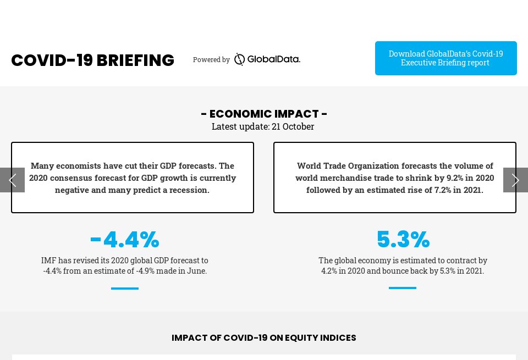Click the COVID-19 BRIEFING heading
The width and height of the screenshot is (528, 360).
(92, 60)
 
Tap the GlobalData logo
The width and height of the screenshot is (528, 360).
(267, 59)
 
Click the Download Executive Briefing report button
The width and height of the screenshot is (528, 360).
(446, 58)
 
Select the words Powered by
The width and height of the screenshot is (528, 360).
(211, 60)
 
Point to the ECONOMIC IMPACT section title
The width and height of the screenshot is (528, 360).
(264, 114)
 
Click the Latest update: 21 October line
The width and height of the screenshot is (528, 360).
(263, 126)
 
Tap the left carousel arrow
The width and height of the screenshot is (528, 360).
(12, 180)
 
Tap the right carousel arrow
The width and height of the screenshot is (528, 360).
(515, 180)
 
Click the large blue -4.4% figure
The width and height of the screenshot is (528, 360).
(125, 240)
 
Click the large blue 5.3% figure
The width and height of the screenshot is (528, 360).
(403, 240)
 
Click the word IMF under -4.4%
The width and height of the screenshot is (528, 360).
(48, 261)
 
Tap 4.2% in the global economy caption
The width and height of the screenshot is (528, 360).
(331, 271)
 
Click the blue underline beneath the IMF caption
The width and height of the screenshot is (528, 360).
(125, 288)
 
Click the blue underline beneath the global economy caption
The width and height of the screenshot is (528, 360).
(403, 287)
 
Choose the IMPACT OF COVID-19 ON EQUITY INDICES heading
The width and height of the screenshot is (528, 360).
(264, 338)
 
